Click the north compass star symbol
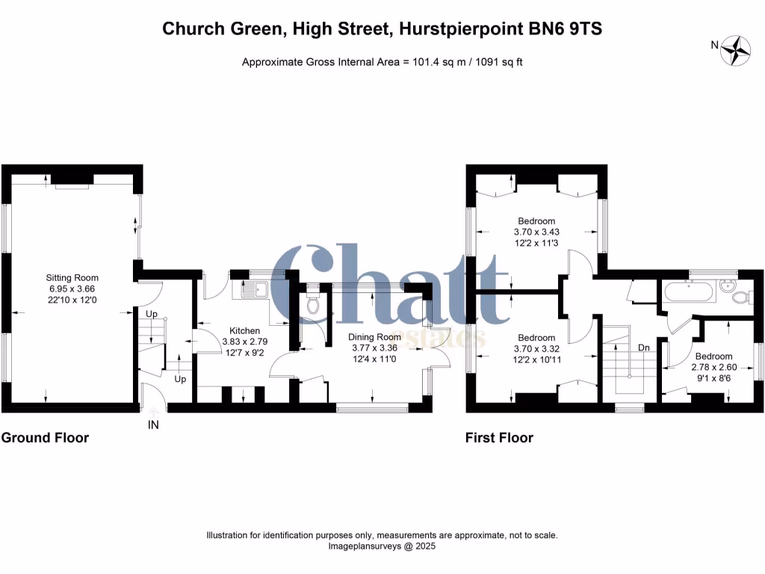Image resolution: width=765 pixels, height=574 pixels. [739, 49]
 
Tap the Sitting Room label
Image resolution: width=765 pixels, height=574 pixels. [72, 277]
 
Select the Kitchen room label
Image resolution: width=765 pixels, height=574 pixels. [244, 330]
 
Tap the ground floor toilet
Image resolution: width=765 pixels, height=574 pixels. [313, 303]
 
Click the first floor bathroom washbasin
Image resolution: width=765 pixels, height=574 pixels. [726, 285]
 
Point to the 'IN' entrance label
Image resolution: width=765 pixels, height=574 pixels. [153, 425]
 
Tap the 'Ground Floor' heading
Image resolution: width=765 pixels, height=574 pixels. [45, 438]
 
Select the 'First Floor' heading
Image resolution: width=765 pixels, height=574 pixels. [499, 438]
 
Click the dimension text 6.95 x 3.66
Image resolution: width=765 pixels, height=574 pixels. [72, 288]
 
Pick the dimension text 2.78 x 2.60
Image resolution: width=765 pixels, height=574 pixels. [713, 367]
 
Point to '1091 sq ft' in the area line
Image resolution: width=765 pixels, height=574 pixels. [498, 62]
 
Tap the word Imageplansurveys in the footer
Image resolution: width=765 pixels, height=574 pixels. [363, 546]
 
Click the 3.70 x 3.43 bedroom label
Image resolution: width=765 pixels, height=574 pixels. [536, 232]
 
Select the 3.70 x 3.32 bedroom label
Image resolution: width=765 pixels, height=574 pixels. [536, 348]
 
